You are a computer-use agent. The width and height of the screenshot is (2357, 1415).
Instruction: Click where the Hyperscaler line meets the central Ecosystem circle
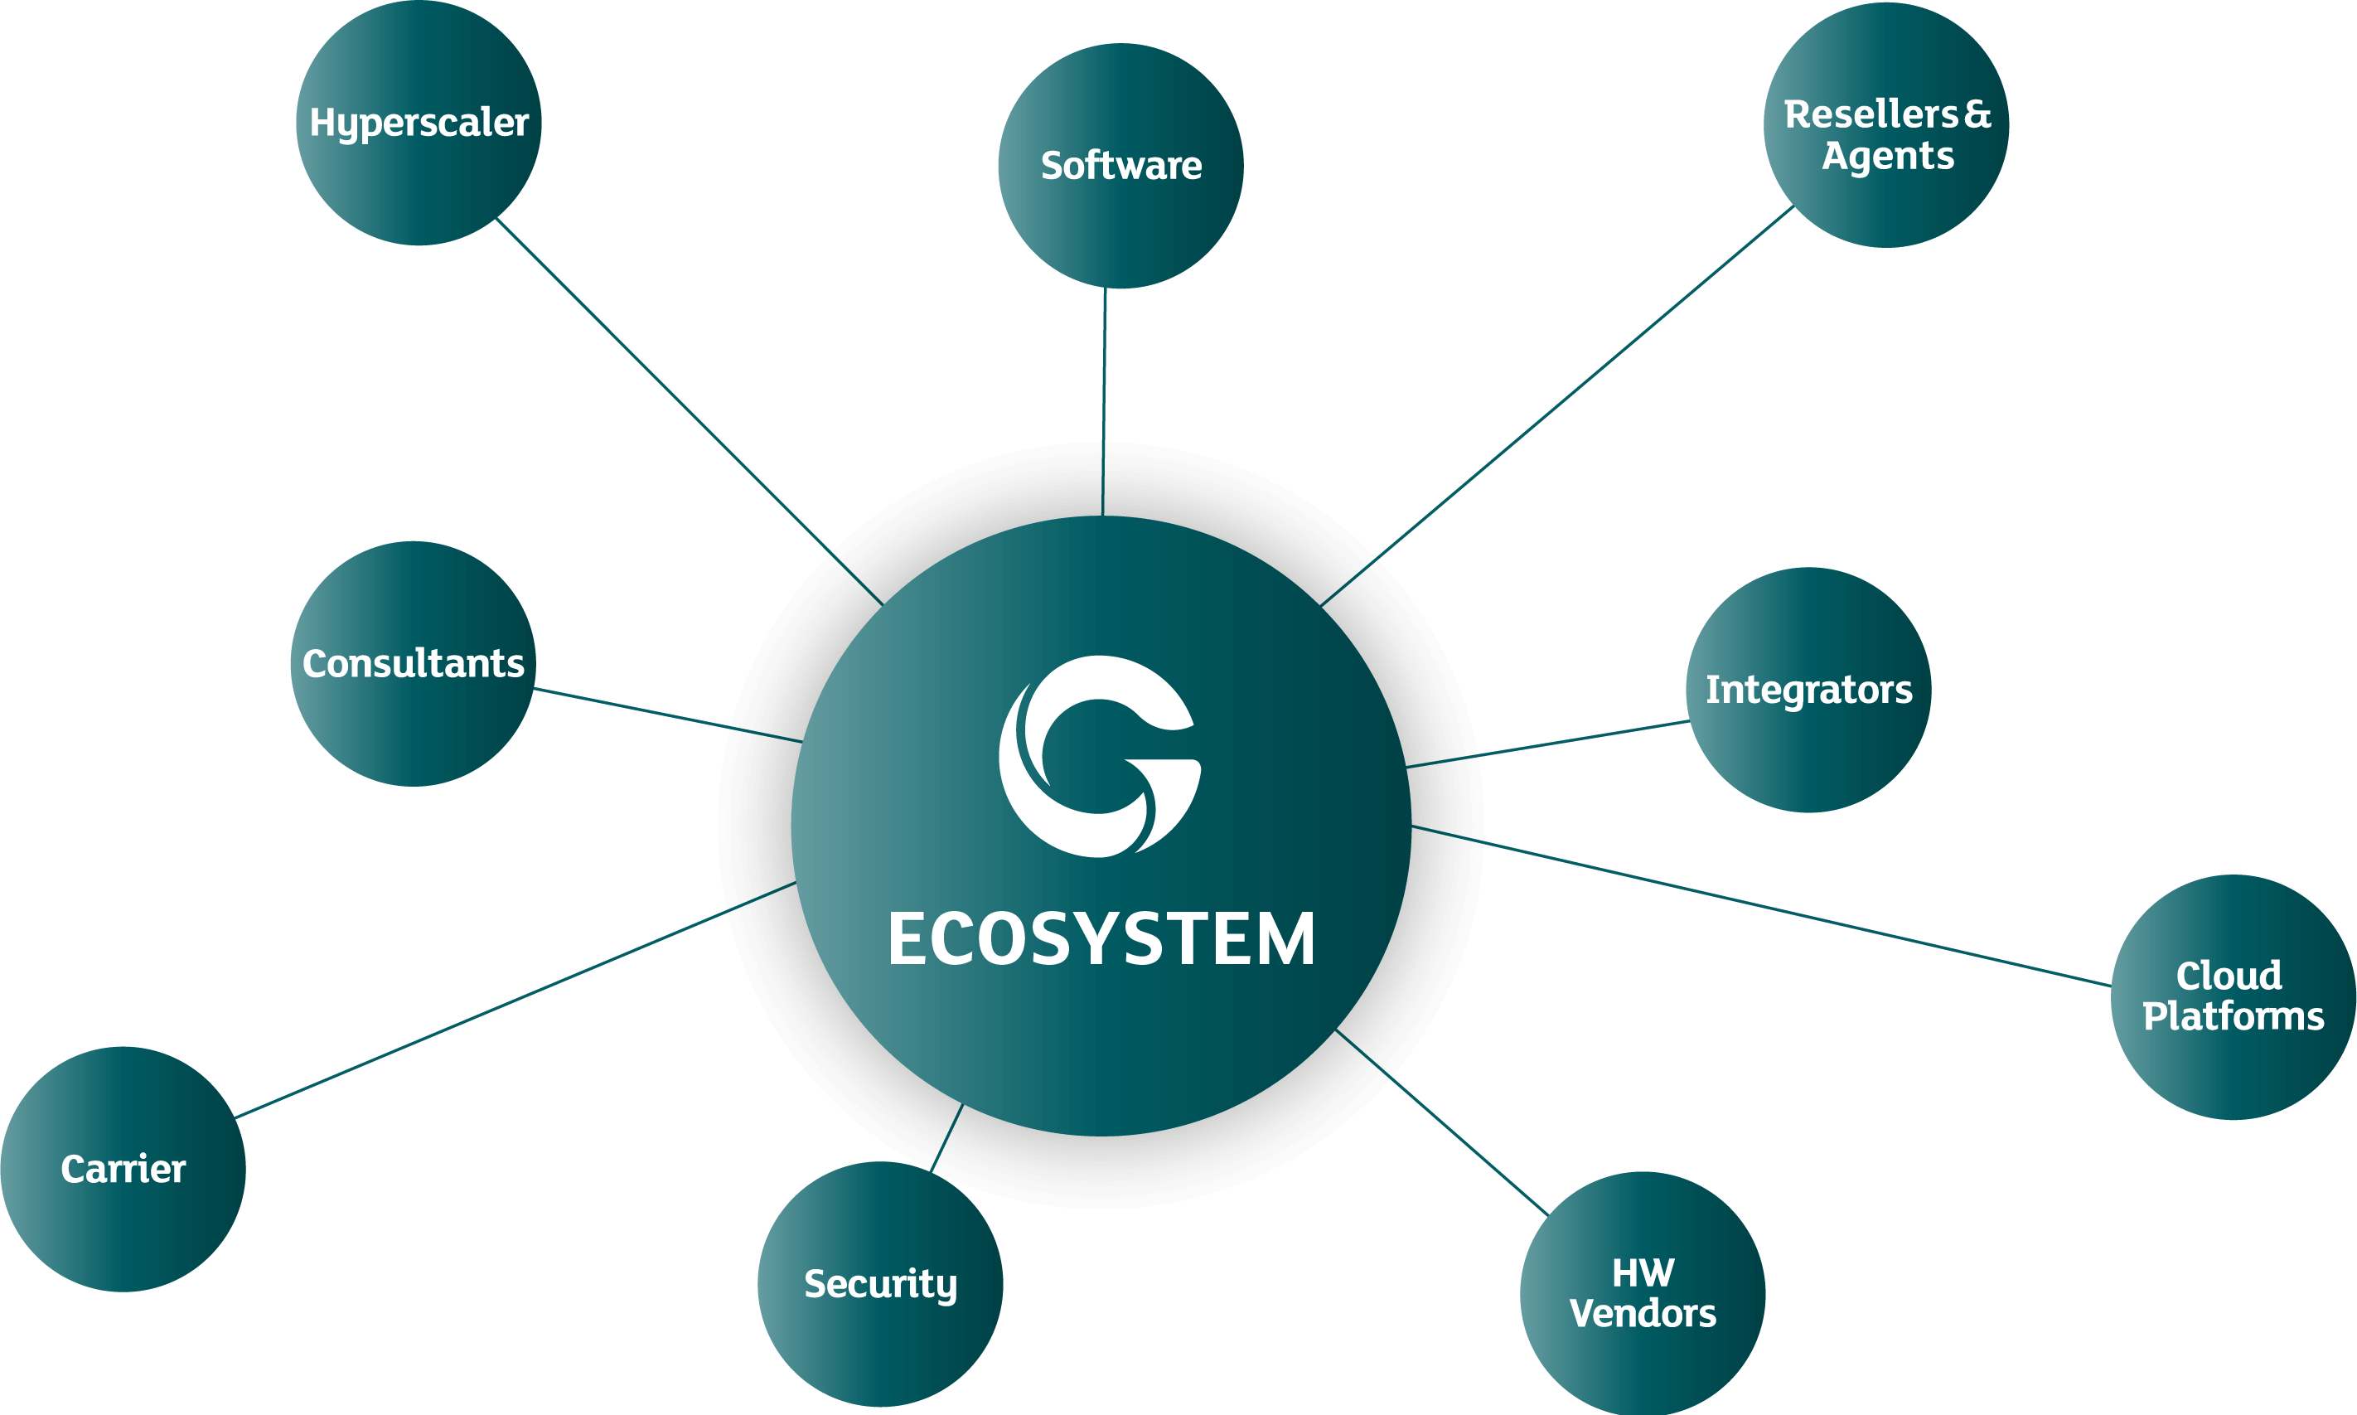pos(883,604)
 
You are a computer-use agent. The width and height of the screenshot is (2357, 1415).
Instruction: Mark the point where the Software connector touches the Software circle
pos(1106,288)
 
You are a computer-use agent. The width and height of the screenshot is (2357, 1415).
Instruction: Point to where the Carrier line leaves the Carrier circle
pos(235,1117)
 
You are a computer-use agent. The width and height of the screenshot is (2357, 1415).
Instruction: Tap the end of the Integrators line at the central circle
pos(1406,767)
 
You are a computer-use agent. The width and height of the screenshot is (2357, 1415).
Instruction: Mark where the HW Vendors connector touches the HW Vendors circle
pos(1550,1217)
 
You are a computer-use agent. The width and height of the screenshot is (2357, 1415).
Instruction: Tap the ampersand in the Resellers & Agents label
pos(1977,114)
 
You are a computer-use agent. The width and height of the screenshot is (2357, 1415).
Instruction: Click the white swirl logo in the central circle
pos(1100,756)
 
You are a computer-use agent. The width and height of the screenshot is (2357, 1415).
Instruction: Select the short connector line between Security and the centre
pos(946,1137)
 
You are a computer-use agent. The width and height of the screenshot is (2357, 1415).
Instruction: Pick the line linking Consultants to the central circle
pos(668,715)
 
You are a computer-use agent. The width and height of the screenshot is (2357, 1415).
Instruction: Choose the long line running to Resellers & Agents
pos(1557,405)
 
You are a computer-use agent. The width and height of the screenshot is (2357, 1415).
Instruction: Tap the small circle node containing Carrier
pos(123,1169)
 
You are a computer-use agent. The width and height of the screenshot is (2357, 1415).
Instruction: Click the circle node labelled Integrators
pos(1809,690)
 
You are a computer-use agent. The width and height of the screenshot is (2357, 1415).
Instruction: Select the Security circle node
pos(879,1283)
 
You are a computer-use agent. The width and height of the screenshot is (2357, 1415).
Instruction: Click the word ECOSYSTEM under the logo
pos(1101,939)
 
